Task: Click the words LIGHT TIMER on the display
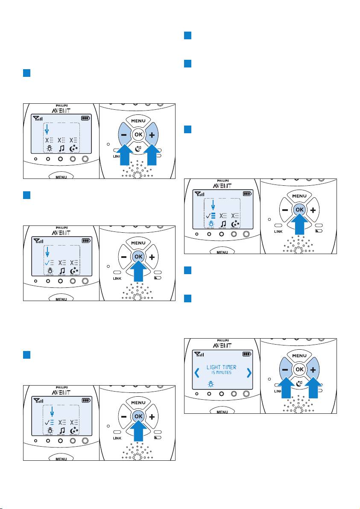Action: pos(221,367)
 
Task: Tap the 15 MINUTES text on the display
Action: pos(221,373)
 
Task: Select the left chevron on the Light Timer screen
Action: pos(197,373)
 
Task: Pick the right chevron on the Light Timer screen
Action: pos(249,373)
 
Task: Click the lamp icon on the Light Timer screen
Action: pos(211,385)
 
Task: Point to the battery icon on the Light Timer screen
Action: pos(247,354)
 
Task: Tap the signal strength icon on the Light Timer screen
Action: pos(199,354)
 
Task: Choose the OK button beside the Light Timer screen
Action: pos(299,369)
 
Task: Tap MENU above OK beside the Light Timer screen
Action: pos(299,356)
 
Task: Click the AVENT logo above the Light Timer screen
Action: pos(222,345)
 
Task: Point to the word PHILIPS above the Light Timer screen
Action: pos(222,340)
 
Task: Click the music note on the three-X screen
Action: pos(61,149)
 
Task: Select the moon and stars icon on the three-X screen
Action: pos(74,149)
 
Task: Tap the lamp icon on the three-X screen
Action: pos(49,149)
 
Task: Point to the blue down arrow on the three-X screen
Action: pos(47,131)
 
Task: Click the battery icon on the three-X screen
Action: pos(86,118)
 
